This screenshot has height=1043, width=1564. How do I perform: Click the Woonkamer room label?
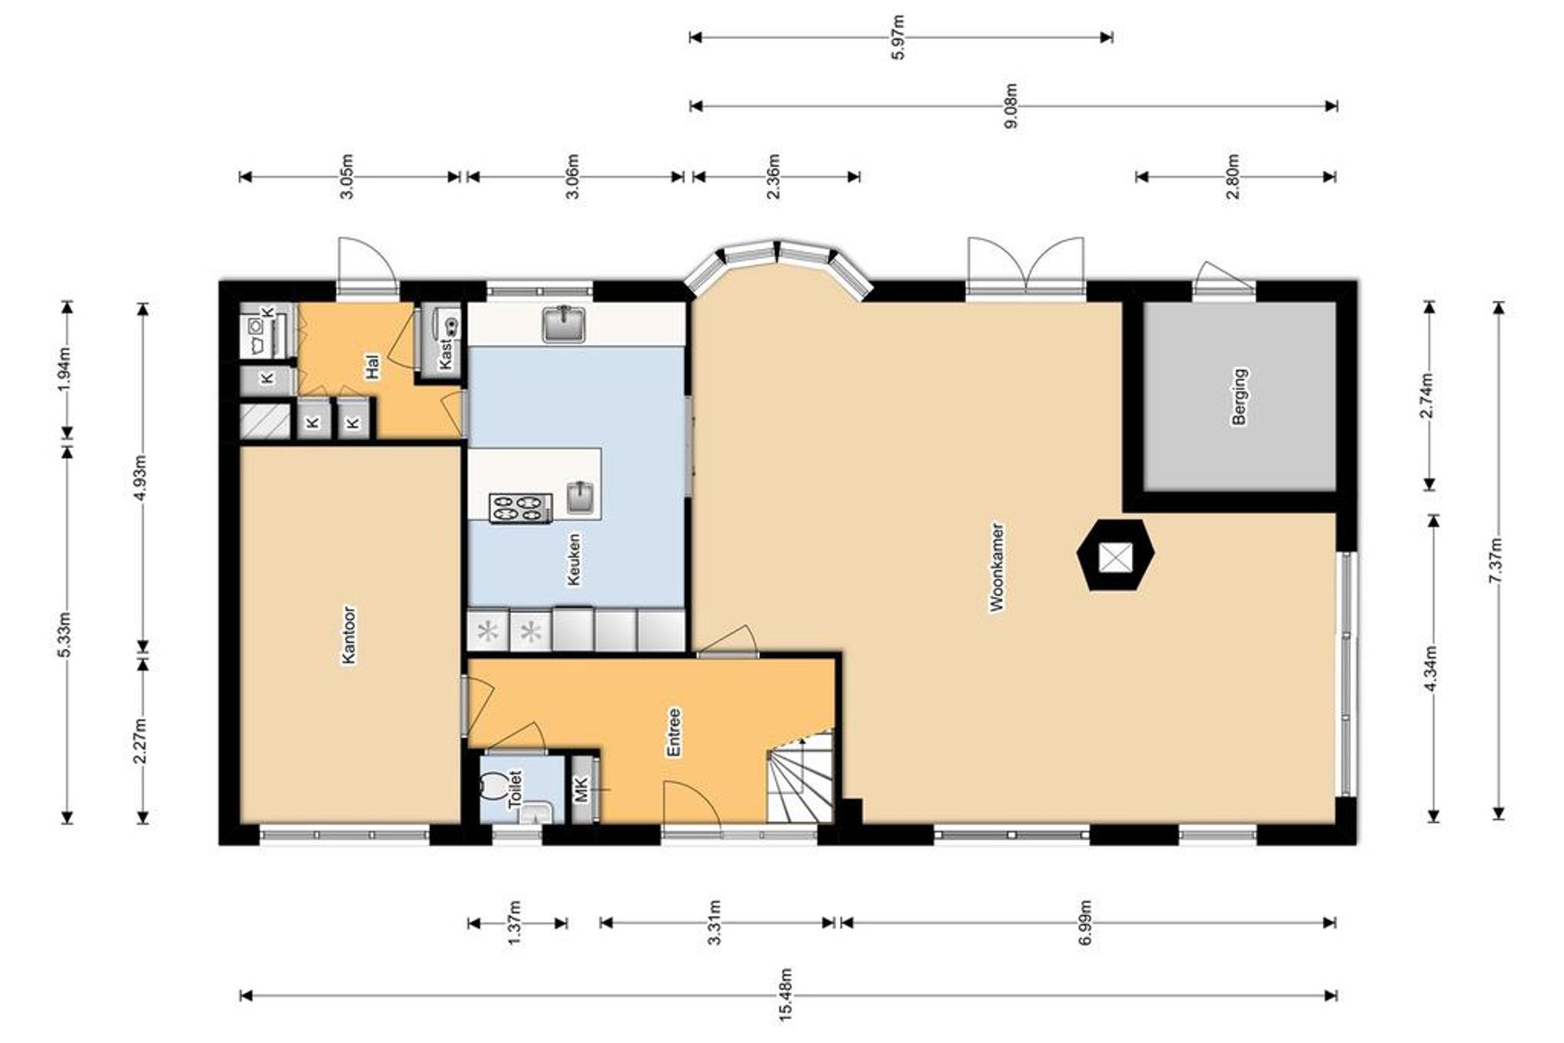tap(997, 568)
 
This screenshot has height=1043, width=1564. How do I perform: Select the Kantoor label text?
tap(349, 635)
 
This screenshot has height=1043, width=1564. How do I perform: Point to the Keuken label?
tap(574, 559)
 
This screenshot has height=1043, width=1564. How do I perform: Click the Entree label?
tap(673, 732)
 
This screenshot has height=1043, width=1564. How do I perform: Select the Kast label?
tap(446, 355)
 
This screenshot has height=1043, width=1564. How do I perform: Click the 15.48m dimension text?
tap(787, 995)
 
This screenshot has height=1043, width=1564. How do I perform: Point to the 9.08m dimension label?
tap(1012, 106)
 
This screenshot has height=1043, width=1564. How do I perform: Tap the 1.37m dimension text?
tap(515, 922)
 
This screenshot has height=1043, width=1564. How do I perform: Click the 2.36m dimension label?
tap(774, 176)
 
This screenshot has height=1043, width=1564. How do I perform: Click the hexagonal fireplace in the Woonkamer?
tap(1115, 555)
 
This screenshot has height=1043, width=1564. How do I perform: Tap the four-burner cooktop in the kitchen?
tap(521, 507)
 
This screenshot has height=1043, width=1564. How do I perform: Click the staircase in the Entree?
tap(800, 776)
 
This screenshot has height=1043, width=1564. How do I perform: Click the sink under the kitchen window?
tap(563, 323)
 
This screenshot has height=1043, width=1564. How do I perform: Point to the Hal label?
tap(373, 366)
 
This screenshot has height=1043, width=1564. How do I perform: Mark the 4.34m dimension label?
tap(1431, 667)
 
